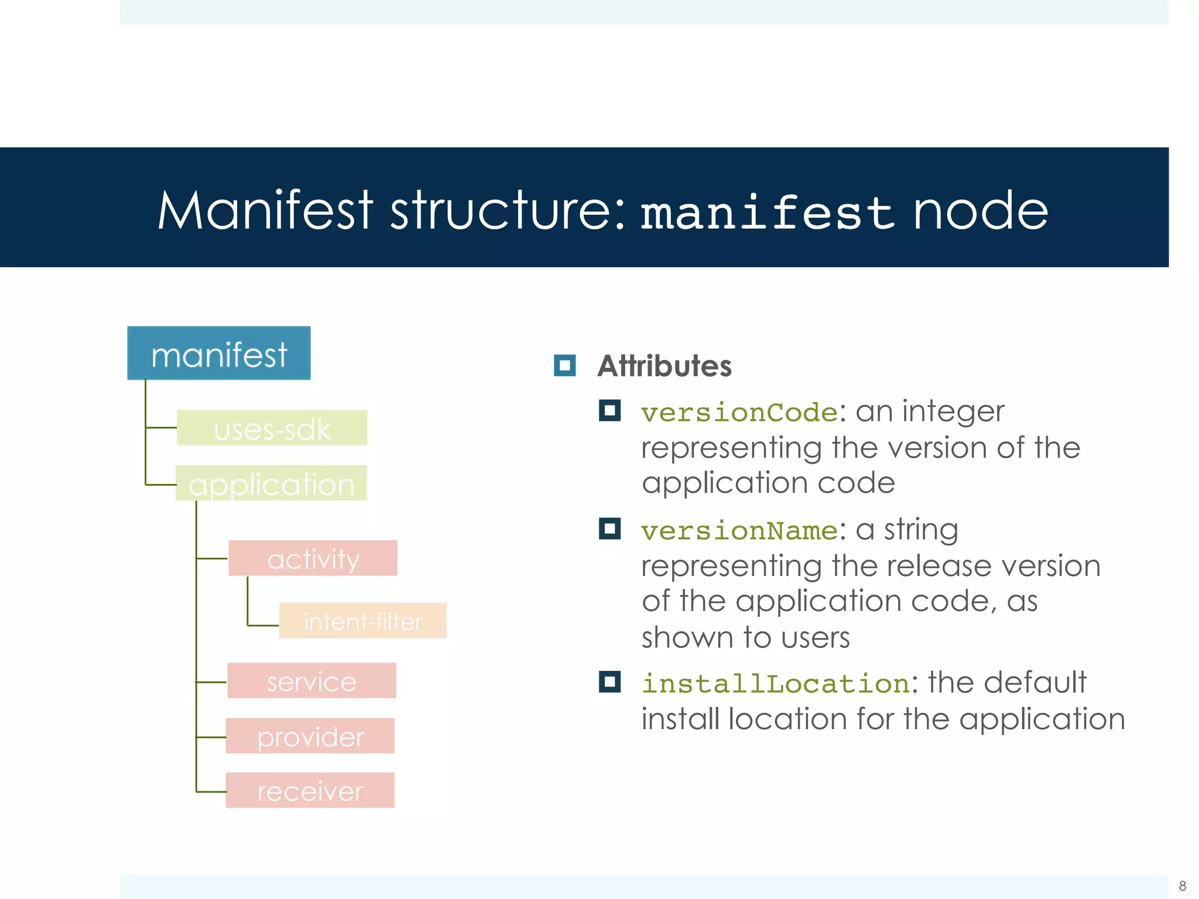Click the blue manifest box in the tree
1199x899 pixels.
tap(219, 353)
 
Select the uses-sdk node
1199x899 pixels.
tap(272, 428)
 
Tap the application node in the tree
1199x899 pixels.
tap(272, 483)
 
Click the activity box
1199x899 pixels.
tap(313, 558)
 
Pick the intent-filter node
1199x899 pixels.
tap(363, 621)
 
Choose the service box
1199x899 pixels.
tap(312, 681)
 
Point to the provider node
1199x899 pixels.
tap(310, 736)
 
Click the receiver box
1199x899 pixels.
tap(310, 791)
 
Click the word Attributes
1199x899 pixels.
tap(664, 366)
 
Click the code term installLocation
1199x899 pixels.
tap(776, 684)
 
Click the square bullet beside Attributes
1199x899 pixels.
tap(565, 366)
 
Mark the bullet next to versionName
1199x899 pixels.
tap(609, 529)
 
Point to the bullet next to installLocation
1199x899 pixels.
tap(609, 682)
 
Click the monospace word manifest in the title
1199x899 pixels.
tap(768, 212)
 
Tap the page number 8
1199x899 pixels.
tap(1183, 886)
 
